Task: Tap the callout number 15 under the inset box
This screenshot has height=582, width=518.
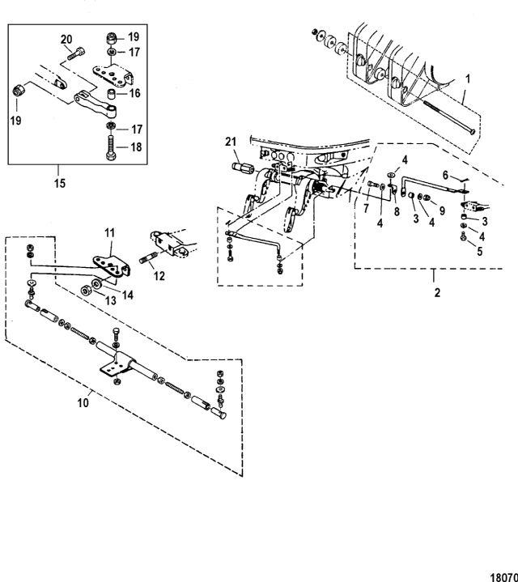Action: click(x=61, y=183)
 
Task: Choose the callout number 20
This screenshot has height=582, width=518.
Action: click(x=67, y=39)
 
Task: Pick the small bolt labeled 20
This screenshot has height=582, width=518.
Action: click(x=74, y=53)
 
